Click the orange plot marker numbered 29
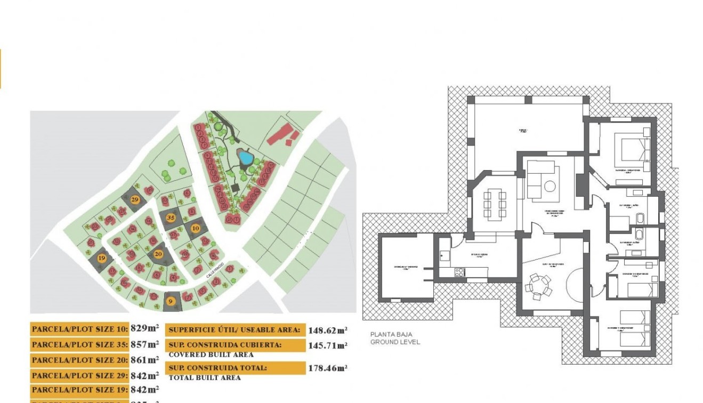point(135,199)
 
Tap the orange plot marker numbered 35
point(171,217)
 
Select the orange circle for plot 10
point(196,228)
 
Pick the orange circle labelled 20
point(158,254)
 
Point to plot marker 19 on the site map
point(102,259)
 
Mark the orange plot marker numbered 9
point(171,301)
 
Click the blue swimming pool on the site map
point(245,158)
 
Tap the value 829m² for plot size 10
point(144,329)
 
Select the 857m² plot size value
point(144,344)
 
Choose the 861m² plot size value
point(144,360)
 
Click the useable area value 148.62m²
point(327,330)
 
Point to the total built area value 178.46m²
point(327,368)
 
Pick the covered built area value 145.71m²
point(327,345)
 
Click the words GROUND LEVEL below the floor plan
point(395,342)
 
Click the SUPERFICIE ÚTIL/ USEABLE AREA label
point(235,330)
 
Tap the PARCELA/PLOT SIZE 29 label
point(79,375)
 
